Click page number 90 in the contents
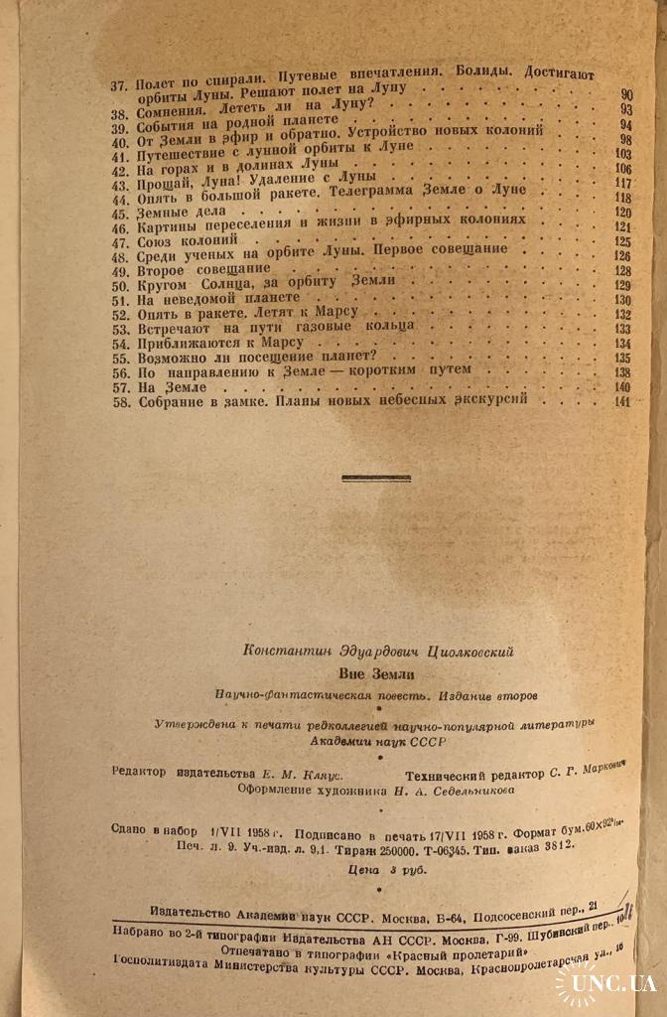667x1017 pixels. tap(626, 95)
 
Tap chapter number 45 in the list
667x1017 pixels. tap(118, 213)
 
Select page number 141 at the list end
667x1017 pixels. tap(622, 401)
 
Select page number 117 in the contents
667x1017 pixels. tap(623, 184)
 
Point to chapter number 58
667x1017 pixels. tap(118, 399)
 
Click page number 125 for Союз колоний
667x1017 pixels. tap(623, 240)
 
